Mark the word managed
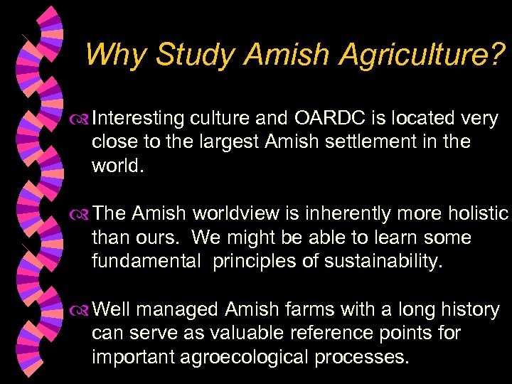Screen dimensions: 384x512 178,309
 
